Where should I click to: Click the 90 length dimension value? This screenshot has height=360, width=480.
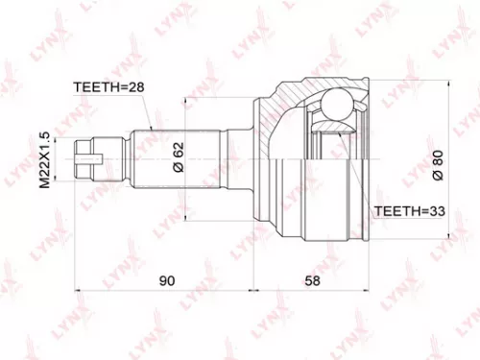point(166,280)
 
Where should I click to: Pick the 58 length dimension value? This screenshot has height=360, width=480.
point(311,280)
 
